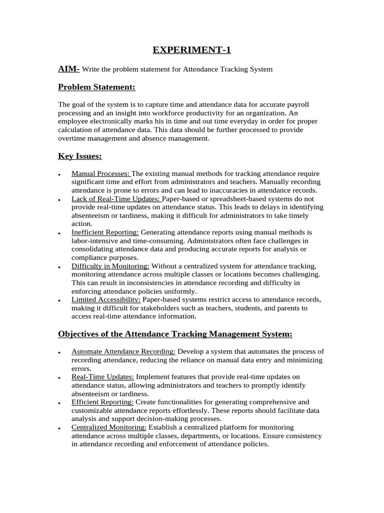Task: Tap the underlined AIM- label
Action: [68, 69]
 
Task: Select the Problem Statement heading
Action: [96, 87]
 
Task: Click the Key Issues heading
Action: [80, 156]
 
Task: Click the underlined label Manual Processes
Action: [100, 173]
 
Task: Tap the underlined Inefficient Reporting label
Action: [105, 232]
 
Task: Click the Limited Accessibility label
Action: [106, 300]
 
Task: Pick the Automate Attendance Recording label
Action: [123, 351]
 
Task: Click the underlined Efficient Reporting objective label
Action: [102, 402]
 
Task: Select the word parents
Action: [287, 308]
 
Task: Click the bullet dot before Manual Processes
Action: [59, 175]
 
